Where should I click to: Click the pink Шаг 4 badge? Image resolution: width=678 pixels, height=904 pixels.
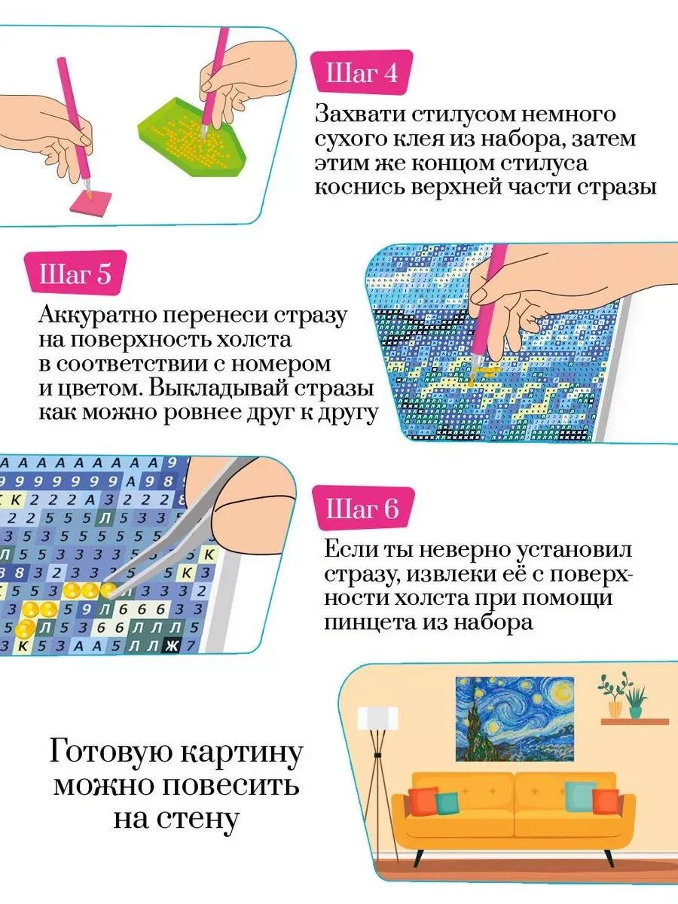tap(362, 73)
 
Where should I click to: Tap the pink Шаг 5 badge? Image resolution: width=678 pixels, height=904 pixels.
tap(75, 273)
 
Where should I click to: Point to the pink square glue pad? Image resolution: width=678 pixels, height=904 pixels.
tap(91, 202)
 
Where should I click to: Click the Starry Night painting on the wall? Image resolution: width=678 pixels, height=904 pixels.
tap(515, 719)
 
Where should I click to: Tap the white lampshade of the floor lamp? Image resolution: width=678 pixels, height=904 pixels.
tap(377, 718)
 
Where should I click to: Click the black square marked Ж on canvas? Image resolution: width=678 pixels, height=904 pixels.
tap(171, 646)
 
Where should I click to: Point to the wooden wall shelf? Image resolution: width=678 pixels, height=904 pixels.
tap(634, 721)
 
